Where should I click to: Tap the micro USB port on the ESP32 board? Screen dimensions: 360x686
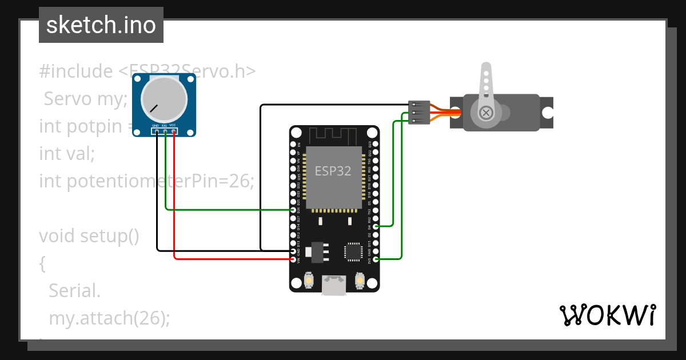click(334, 285)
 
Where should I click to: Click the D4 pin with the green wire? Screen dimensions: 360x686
click(376, 226)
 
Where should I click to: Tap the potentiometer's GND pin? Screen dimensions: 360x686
click(157, 131)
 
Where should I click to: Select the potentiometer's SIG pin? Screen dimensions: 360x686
click(165, 131)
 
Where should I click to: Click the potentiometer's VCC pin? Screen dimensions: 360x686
click(173, 131)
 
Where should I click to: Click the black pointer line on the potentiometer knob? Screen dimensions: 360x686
click(154, 107)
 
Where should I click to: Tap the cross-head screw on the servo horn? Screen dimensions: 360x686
click(486, 113)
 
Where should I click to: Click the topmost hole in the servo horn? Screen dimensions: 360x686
click(486, 73)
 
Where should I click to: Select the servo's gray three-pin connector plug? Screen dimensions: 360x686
click(419, 113)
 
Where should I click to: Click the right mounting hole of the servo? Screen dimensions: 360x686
click(548, 113)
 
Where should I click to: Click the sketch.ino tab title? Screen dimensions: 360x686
click(101, 25)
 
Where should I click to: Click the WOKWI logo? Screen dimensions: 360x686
click(607, 315)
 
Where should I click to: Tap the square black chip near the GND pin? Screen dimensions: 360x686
click(353, 252)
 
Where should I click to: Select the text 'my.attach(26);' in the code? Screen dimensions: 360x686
click(109, 318)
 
